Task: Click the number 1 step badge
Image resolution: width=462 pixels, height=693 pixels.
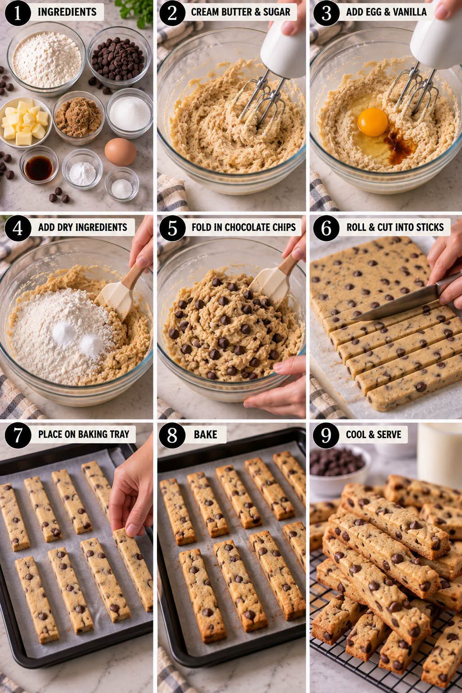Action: click(18, 13)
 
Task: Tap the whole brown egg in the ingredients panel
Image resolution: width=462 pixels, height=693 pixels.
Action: click(120, 152)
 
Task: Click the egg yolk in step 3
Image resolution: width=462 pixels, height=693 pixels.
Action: click(373, 122)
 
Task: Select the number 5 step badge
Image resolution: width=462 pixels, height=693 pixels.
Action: click(172, 228)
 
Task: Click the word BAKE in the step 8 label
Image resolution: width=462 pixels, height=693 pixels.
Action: click(205, 434)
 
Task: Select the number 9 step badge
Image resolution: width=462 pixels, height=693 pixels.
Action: click(326, 435)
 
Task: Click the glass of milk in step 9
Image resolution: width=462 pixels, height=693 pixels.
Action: click(439, 454)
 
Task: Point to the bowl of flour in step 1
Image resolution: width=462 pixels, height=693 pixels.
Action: click(46, 58)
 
